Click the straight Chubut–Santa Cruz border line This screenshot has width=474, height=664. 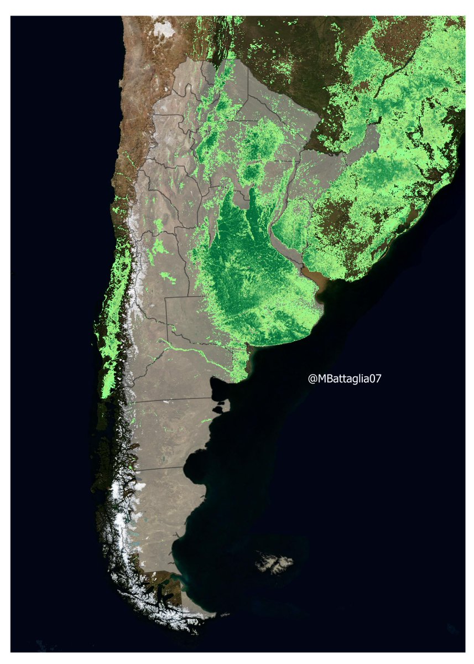[160, 468]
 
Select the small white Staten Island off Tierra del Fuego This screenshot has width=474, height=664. [225, 614]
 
